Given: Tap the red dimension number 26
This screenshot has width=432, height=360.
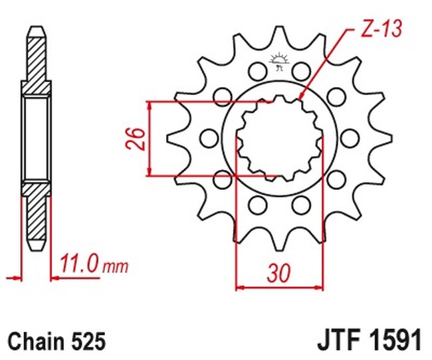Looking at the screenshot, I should (x=136, y=139).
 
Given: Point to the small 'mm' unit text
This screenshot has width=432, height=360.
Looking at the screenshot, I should (x=116, y=267).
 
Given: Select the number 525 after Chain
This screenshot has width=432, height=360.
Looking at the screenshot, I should (x=88, y=341).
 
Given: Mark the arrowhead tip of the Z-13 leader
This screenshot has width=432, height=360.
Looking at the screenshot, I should (x=300, y=100).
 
